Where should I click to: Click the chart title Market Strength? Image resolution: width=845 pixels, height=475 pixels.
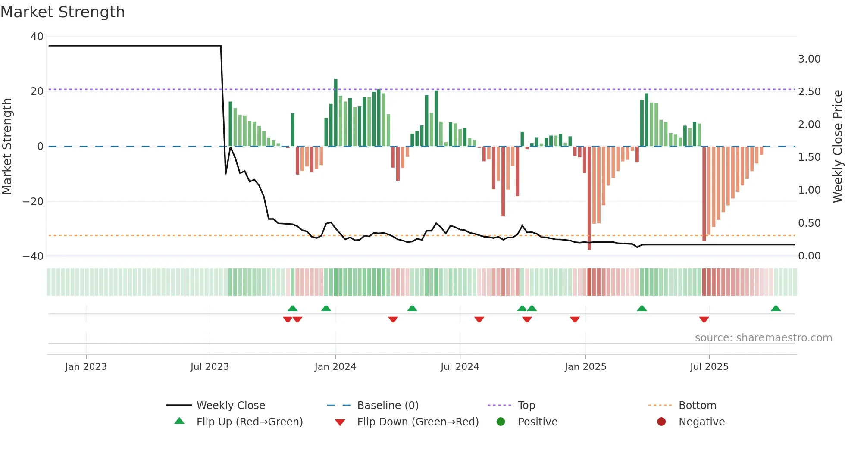pyautogui.click(x=63, y=12)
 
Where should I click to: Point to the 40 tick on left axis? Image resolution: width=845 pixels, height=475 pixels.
pyautogui.click(x=37, y=37)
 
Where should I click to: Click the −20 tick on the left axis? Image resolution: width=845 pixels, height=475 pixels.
pyautogui.click(x=33, y=202)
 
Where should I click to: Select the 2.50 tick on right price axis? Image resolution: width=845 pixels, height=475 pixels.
pyautogui.click(x=809, y=92)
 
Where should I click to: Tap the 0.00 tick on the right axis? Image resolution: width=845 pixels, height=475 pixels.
pyautogui.click(x=809, y=256)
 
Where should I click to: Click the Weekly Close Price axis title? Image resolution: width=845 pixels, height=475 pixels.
pyautogui.click(x=837, y=147)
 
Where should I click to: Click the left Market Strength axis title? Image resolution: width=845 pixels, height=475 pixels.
pyautogui.click(x=7, y=147)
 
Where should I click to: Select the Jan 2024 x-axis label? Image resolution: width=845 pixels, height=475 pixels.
pyautogui.click(x=335, y=367)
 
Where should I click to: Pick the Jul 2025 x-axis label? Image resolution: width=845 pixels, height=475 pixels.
pyautogui.click(x=709, y=367)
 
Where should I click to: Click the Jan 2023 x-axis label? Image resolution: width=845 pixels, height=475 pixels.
pyautogui.click(x=86, y=367)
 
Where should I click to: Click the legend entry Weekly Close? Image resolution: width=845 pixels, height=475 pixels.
pyautogui.click(x=231, y=406)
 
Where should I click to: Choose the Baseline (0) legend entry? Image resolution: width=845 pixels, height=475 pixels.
pyautogui.click(x=388, y=406)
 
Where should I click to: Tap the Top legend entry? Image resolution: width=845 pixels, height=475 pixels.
pyautogui.click(x=526, y=406)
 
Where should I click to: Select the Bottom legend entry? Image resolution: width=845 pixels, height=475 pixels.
pyautogui.click(x=697, y=406)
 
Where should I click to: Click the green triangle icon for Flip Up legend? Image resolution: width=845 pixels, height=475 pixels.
pyautogui.click(x=179, y=421)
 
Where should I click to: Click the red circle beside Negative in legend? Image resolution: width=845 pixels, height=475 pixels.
pyautogui.click(x=661, y=422)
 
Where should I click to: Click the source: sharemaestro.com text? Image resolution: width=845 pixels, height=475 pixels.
pyautogui.click(x=763, y=338)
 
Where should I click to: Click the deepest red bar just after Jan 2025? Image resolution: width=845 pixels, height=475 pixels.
pyautogui.click(x=589, y=198)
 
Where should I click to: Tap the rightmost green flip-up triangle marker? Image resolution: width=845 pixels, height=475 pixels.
pyautogui.click(x=776, y=308)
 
